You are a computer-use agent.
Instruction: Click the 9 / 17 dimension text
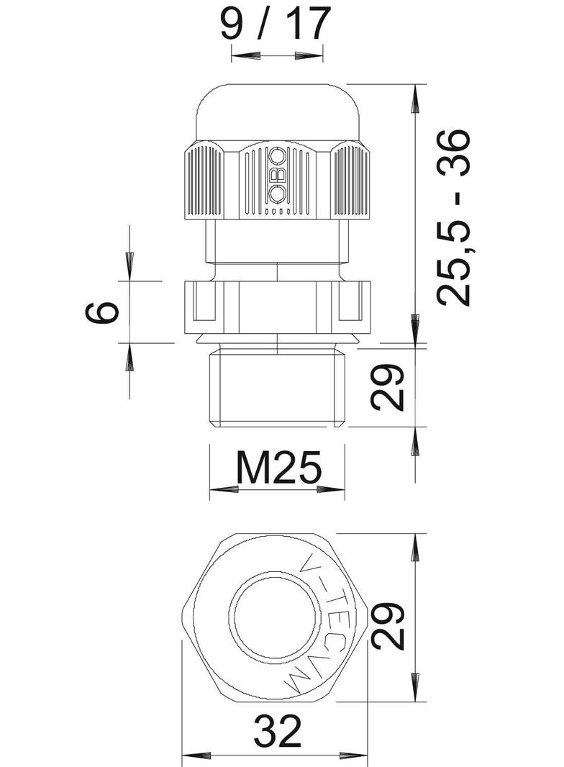275,23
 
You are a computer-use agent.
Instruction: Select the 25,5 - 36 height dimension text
455,217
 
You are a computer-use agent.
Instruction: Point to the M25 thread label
277,470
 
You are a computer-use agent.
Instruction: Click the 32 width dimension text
277,733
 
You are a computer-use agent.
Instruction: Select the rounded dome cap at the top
276,112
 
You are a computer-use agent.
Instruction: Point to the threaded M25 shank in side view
276,387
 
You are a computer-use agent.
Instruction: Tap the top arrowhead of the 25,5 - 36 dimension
415,101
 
